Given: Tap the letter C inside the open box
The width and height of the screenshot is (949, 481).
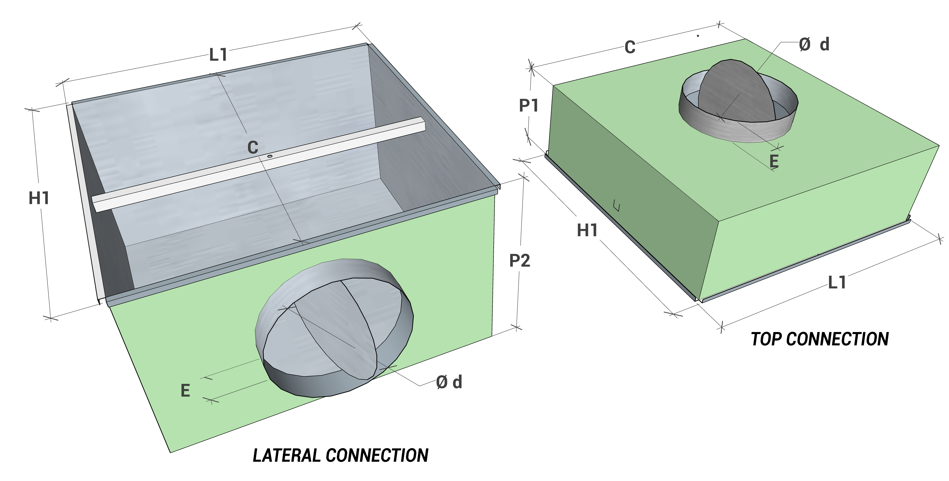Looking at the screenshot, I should (253, 148).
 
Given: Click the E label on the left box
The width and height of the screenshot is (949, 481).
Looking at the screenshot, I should (185, 390).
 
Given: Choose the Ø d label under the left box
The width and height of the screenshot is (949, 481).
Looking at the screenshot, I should (449, 382).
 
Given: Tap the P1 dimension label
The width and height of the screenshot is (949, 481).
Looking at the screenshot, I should (529, 106).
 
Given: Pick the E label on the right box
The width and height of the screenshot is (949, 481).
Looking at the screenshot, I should (774, 161).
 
